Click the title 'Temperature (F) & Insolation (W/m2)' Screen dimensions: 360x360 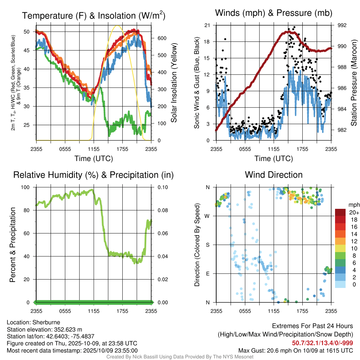coord(94,15)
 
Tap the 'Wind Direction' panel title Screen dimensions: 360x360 coord(274,175)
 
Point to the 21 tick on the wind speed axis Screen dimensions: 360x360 coord(207,25)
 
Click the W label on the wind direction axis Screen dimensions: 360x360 coord(207,216)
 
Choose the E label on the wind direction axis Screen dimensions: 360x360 coord(208,274)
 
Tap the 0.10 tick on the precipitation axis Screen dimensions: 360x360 coord(162,187)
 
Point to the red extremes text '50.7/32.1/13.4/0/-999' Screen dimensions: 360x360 coord(322,343)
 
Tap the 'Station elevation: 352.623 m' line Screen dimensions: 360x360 coord(44,329)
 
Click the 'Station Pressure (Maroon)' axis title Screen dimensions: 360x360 coord(354,83)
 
